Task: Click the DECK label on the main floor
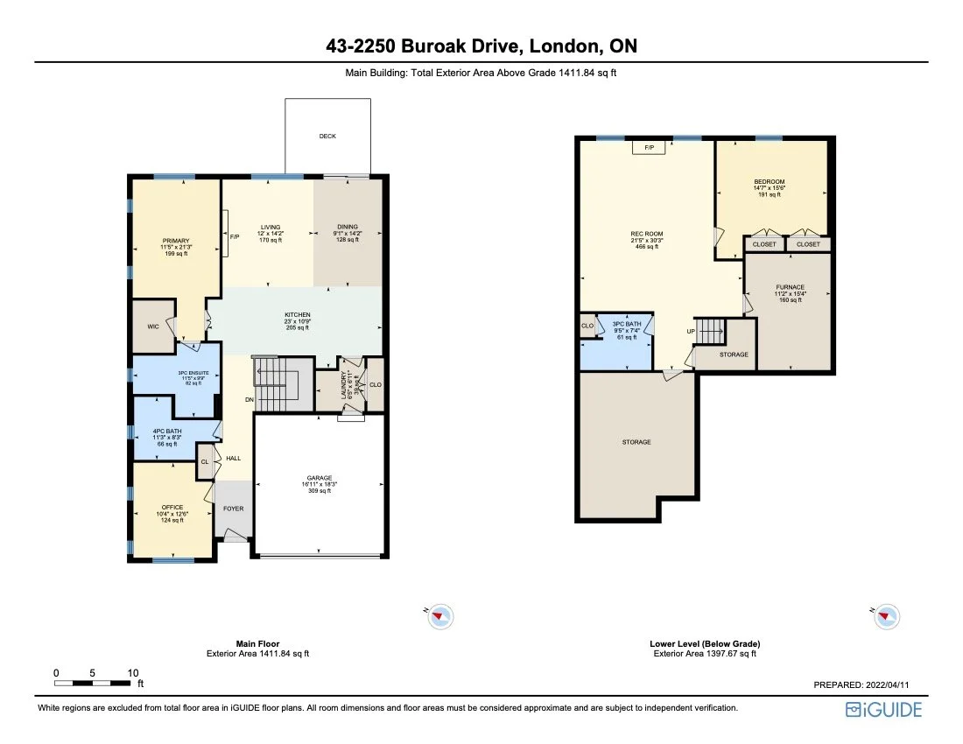(327, 137)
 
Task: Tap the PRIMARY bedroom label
(175, 241)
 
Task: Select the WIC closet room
(152, 326)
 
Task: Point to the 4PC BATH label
(166, 431)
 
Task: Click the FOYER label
(233, 508)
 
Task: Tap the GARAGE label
(320, 478)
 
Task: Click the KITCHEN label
(298, 315)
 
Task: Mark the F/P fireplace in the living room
(234, 237)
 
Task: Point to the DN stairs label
(249, 400)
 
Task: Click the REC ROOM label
(647, 234)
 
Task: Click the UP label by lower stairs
(690, 333)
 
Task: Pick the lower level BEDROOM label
(770, 181)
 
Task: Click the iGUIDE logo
(883, 709)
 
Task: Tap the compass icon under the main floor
(440, 616)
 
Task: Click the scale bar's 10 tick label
(132, 673)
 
